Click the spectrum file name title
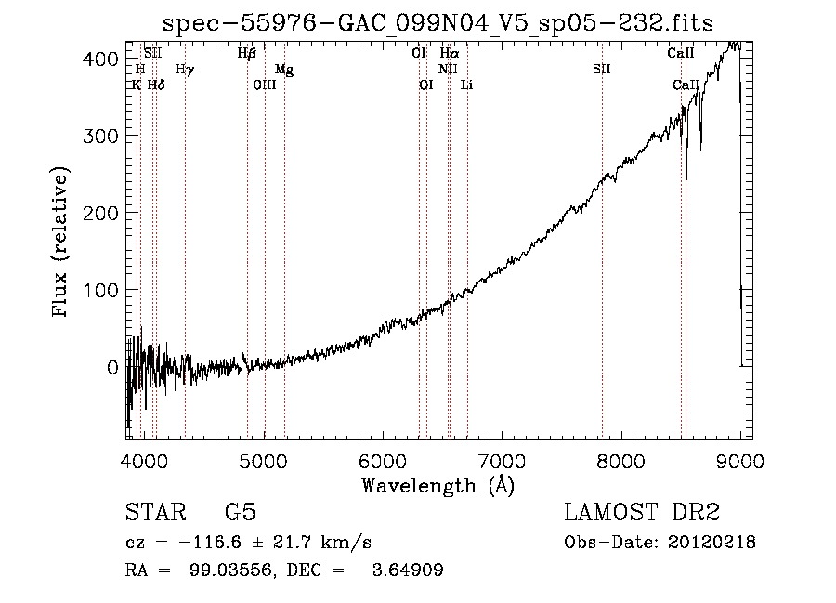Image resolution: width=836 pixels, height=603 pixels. pos(438,23)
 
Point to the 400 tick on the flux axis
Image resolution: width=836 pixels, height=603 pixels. pos(99,59)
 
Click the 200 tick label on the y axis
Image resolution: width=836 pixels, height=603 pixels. pos(99,214)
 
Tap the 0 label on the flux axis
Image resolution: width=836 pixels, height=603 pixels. pos(112,367)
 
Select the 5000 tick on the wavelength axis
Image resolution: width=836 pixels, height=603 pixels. pos(264,462)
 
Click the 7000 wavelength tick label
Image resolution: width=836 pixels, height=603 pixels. pos(502,462)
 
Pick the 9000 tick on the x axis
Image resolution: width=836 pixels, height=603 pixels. pos(740,462)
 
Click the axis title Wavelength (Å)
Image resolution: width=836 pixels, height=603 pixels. pos(438,486)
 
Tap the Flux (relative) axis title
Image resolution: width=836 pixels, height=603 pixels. pos(59,242)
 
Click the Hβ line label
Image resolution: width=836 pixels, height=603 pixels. pos(247,53)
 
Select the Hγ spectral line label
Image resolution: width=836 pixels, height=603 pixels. pos(185,70)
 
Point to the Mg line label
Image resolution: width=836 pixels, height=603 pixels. pos(284,70)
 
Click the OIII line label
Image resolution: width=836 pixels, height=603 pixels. pos(265,85)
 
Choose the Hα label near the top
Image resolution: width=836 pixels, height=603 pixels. pos(450,53)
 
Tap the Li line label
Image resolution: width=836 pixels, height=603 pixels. pos(466,85)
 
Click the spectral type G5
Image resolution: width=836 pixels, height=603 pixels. pos(241,512)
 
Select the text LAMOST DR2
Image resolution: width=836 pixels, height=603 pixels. pos(642,512)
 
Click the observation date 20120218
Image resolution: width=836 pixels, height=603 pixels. pos(712,543)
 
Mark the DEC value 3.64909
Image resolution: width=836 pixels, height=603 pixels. pos(408,570)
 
